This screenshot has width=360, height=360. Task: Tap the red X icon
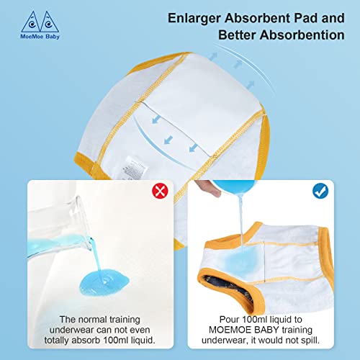(160, 191)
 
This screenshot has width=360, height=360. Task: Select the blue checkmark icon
(320, 191)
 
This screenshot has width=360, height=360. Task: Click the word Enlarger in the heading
(194, 19)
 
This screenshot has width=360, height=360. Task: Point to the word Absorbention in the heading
(302, 35)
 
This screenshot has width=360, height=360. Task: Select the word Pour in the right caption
(229, 320)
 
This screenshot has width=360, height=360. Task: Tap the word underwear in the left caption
(73, 330)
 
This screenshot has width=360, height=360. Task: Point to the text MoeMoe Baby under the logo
(40, 37)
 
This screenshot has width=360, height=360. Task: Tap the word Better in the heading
(237, 35)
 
